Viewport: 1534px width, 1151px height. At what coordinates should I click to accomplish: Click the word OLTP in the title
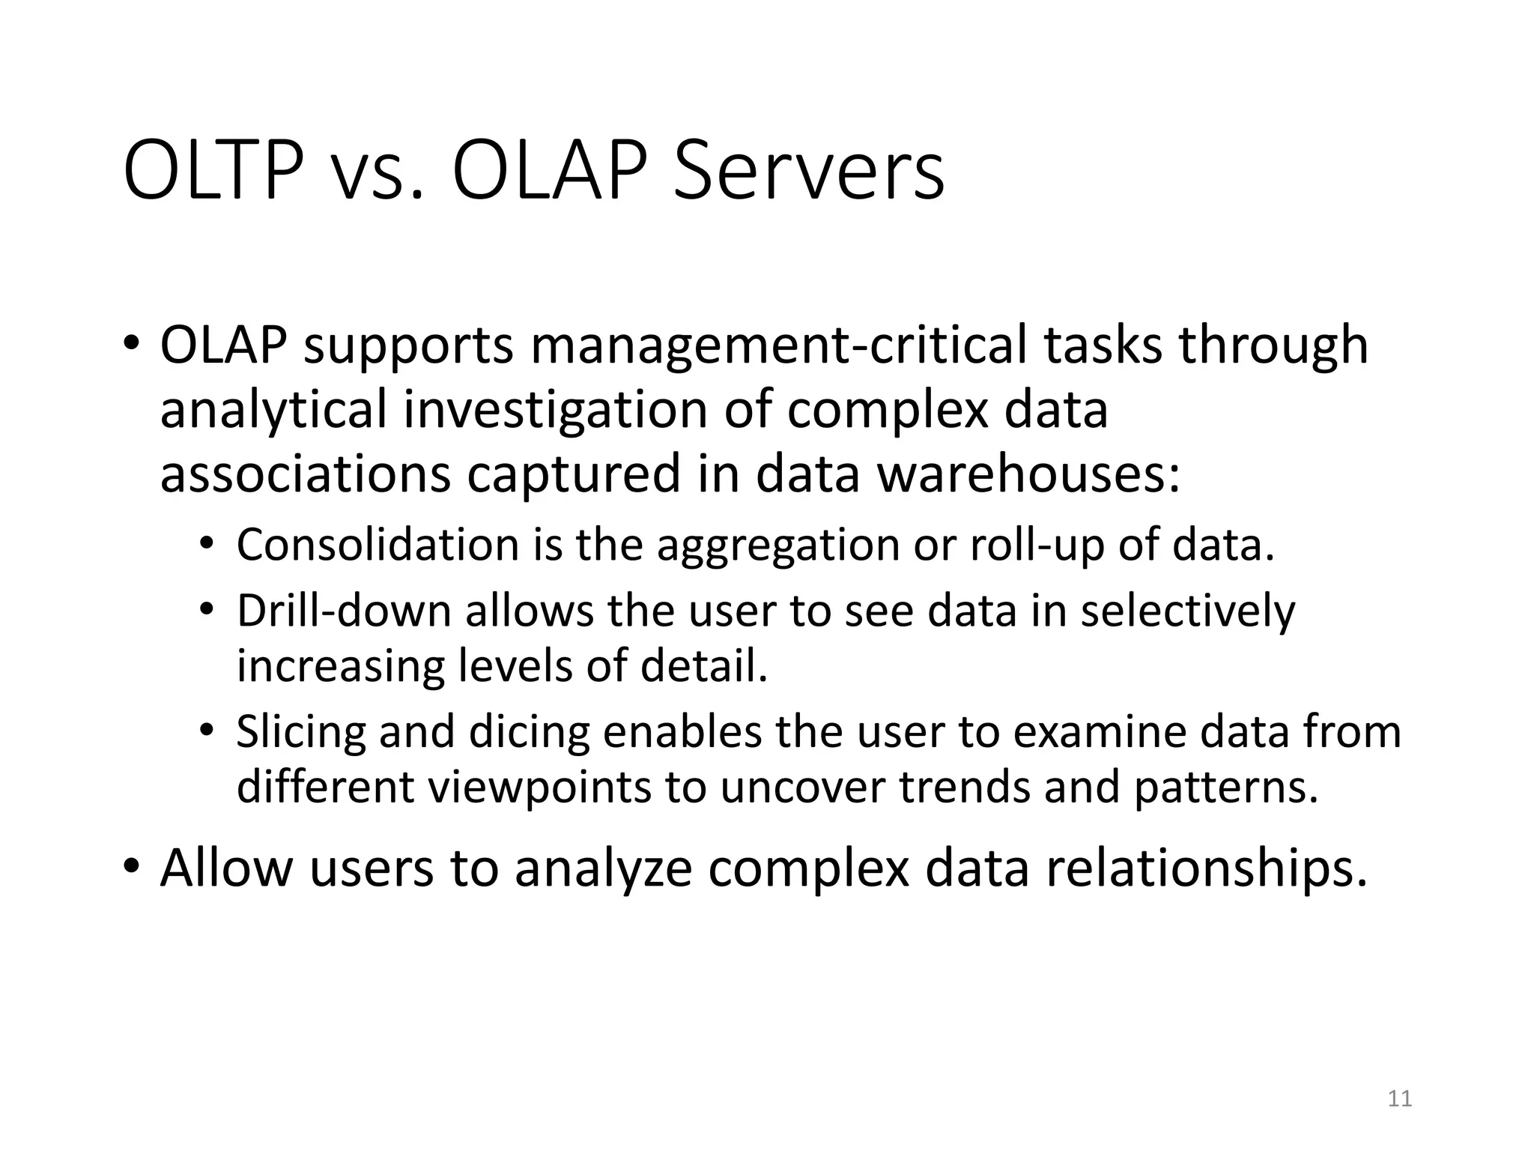click(x=213, y=172)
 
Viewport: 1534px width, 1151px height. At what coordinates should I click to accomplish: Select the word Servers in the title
click(x=808, y=172)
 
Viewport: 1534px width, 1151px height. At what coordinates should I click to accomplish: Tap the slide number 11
click(x=1399, y=1099)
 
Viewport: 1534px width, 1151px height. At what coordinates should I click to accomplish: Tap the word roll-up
click(x=1037, y=545)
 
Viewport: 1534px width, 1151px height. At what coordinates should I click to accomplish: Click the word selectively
click(x=1187, y=611)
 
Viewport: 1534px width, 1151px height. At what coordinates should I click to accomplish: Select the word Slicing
click(x=301, y=732)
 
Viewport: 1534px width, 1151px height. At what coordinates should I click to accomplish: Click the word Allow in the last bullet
click(x=226, y=868)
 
